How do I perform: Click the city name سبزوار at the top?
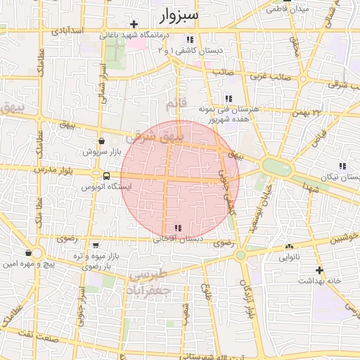179,14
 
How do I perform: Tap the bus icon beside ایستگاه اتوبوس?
105,176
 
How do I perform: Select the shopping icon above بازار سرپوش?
103,140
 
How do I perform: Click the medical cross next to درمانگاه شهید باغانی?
134,24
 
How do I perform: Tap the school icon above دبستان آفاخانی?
177,228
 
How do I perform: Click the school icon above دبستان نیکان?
342,166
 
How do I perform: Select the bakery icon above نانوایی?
289,247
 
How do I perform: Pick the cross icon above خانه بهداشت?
320,269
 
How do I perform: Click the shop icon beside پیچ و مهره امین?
27,252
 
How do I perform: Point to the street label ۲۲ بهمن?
307,112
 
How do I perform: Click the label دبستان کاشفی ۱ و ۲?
190,51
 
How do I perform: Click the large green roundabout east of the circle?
277,167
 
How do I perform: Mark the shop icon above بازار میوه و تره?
94,245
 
